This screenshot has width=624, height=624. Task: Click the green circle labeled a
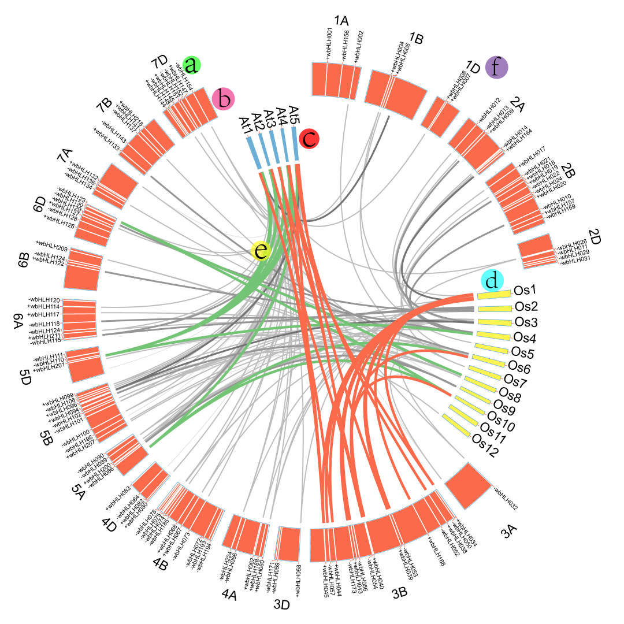[191, 65]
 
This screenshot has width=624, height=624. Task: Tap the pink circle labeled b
[223, 99]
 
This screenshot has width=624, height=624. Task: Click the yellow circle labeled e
[261, 250]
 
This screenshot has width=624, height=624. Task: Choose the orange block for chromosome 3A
[468, 486]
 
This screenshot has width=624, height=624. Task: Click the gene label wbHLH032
[505, 500]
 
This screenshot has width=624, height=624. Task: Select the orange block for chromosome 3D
[289, 544]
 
